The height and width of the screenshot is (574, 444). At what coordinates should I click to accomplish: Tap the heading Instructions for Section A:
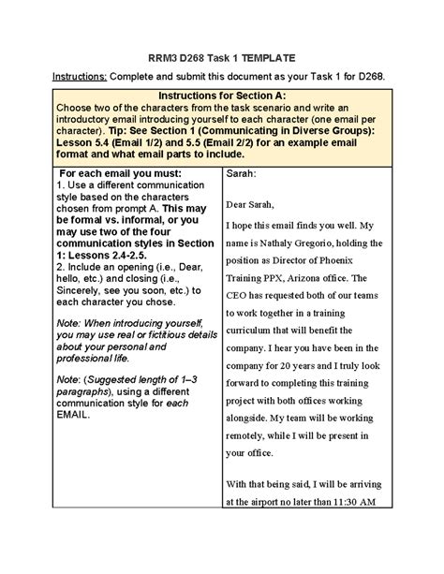pyautogui.click(x=221, y=96)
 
